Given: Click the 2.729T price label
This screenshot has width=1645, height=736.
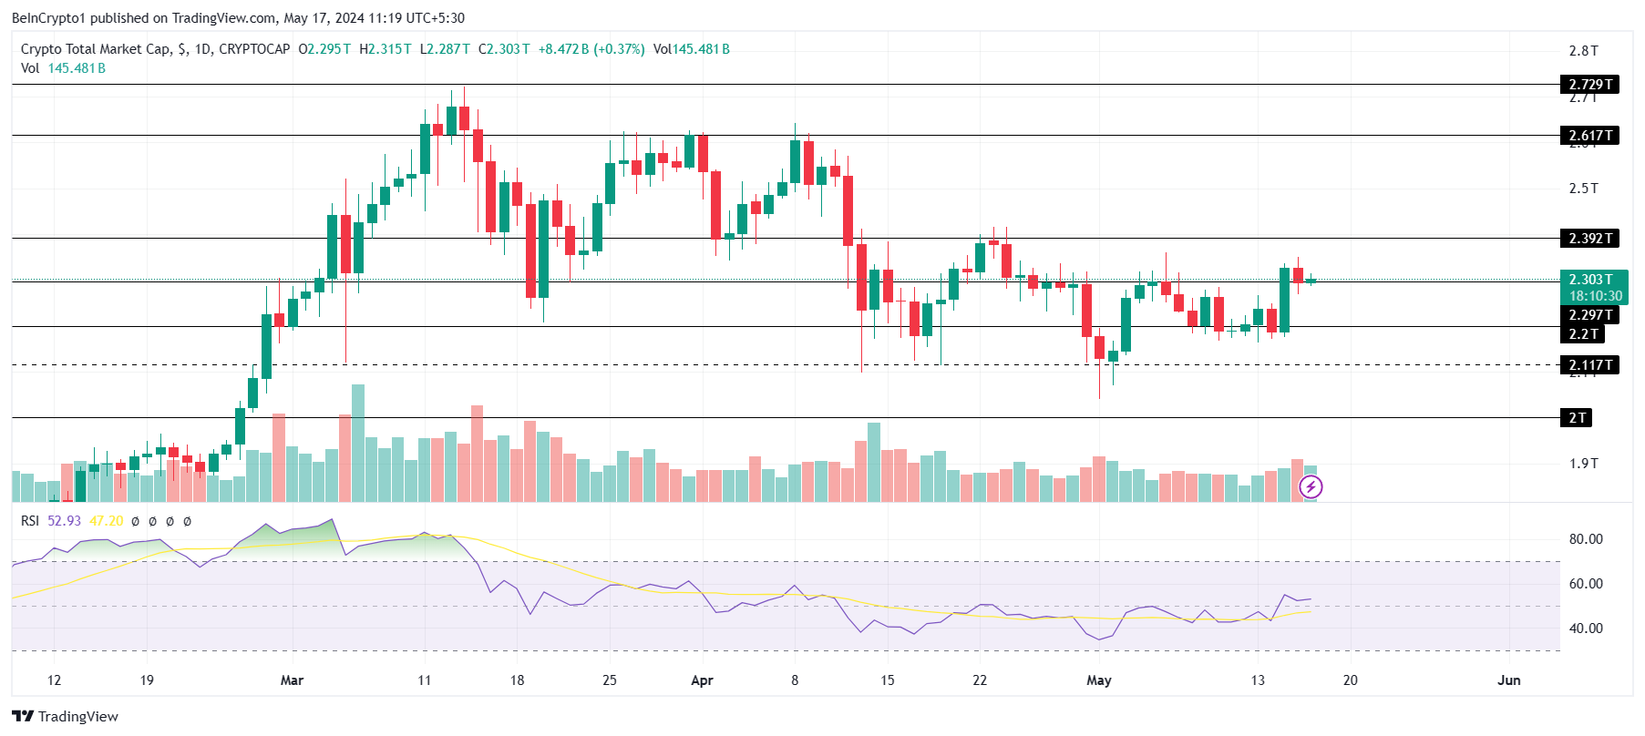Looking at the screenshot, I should pyautogui.click(x=1590, y=85).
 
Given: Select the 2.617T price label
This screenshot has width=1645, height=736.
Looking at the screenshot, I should pyautogui.click(x=1590, y=136).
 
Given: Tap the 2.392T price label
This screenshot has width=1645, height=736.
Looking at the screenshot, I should pyautogui.click(x=1590, y=239).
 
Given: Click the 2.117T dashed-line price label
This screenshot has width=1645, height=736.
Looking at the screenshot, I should pyautogui.click(x=1590, y=365).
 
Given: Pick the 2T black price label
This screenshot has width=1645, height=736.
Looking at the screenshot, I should pyautogui.click(x=1578, y=418).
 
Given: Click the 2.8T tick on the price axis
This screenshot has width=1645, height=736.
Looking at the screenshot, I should pyautogui.click(x=1583, y=51).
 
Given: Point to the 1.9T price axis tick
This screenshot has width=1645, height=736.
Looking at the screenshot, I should pyautogui.click(x=1583, y=464).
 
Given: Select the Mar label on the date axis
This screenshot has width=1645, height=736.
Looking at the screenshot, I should pyautogui.click(x=292, y=680).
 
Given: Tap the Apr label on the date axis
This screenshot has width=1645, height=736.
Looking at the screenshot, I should pyautogui.click(x=702, y=680).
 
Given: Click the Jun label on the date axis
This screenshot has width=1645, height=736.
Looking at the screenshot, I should pyautogui.click(x=1509, y=680).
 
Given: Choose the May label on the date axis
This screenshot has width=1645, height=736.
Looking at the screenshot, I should pyautogui.click(x=1099, y=680).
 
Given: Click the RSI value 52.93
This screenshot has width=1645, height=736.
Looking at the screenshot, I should pyautogui.click(x=64, y=521).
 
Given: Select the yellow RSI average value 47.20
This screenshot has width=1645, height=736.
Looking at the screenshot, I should pyautogui.click(x=107, y=521).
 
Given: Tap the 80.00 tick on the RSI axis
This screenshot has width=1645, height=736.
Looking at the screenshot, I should pyautogui.click(x=1586, y=539).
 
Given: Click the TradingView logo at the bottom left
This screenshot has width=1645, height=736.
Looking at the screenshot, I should pyautogui.click(x=66, y=716).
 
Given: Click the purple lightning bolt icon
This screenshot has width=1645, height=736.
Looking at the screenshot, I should pyautogui.click(x=1311, y=487).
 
